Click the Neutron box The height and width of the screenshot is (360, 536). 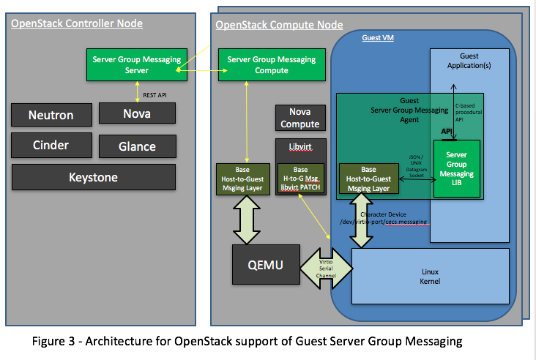(x=52, y=115)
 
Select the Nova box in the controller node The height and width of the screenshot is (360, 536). (x=137, y=113)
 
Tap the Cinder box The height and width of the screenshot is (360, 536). (x=51, y=145)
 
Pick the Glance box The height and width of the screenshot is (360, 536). (x=137, y=146)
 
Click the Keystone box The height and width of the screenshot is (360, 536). (x=93, y=177)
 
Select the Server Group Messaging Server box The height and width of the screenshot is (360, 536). (x=137, y=65)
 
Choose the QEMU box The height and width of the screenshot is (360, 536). (x=264, y=265)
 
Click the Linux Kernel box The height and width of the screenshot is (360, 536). (x=430, y=277)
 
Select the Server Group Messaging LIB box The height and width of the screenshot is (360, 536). (x=456, y=169)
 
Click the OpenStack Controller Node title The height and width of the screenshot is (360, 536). (x=77, y=24)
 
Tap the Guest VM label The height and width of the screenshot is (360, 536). (x=379, y=37)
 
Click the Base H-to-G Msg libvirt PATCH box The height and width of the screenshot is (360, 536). (x=300, y=179)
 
